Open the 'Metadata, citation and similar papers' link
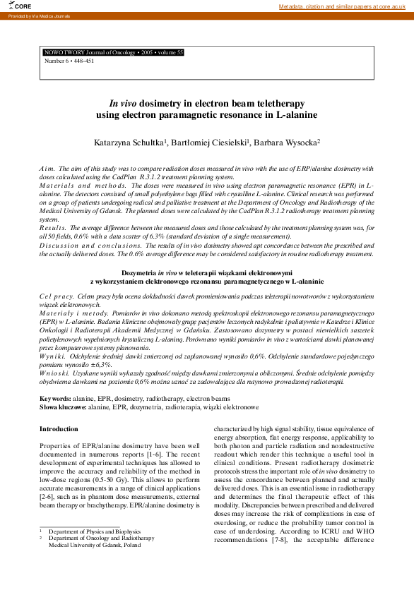tap(346, 6)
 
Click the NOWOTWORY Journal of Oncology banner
tap(114, 52)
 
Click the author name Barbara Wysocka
tap(289, 143)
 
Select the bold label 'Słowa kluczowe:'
tap(63, 407)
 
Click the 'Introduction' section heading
tap(59, 428)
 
